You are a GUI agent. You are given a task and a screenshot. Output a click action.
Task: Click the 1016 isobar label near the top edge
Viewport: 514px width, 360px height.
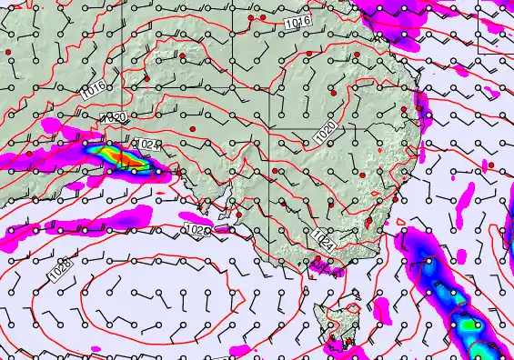point(297,22)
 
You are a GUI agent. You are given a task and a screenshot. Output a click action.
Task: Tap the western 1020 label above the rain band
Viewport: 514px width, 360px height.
point(114,118)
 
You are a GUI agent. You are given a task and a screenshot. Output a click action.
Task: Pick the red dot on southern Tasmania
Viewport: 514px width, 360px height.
point(348,342)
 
